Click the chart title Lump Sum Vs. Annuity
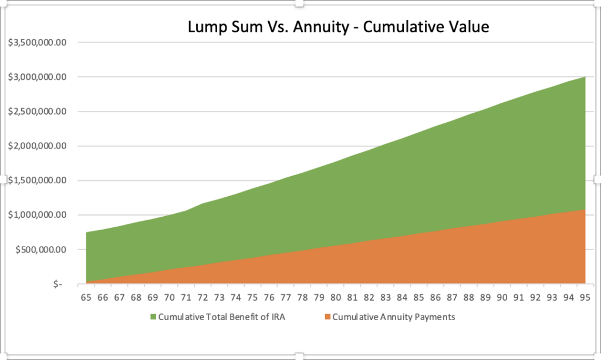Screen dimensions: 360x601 click(x=337, y=26)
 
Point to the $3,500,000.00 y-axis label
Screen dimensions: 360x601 click(x=36, y=43)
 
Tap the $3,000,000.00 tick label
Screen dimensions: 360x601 click(x=36, y=77)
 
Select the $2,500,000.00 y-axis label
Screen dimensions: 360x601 click(x=36, y=112)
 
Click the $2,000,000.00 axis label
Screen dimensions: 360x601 click(x=36, y=146)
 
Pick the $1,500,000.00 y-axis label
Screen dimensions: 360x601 click(x=36, y=181)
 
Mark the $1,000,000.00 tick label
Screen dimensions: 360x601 click(x=36, y=216)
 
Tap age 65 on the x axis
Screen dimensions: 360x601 click(x=86, y=298)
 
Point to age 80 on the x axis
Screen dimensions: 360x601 click(x=336, y=298)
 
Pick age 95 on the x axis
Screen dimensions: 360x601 click(x=585, y=298)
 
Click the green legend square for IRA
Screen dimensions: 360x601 click(x=154, y=318)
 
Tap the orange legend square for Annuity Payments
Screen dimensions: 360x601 click(x=327, y=318)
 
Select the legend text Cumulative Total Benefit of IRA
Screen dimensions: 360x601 click(x=222, y=318)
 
